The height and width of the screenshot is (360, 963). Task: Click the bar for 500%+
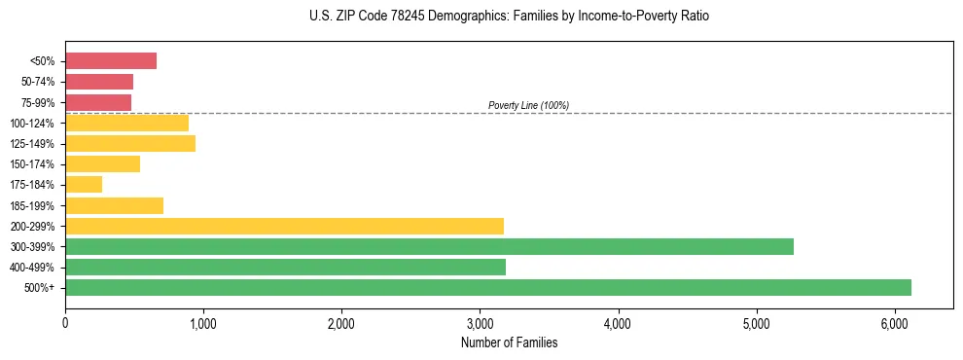click(487, 287)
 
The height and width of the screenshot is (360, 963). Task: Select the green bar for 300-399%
click(429, 246)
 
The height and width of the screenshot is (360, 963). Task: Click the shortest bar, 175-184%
click(84, 185)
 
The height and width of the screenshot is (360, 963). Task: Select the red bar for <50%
click(111, 61)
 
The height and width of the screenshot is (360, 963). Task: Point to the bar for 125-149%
click(130, 144)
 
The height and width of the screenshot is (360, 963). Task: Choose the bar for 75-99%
click(98, 102)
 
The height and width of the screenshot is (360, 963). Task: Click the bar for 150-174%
click(102, 164)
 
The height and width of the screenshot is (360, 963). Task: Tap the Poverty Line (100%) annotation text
click(528, 105)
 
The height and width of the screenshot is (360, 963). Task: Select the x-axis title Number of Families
click(510, 342)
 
